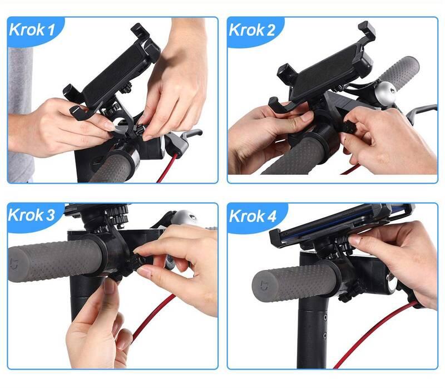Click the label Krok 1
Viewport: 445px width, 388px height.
[32, 30]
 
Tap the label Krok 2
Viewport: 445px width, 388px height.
[252, 30]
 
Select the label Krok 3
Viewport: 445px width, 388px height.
[31, 215]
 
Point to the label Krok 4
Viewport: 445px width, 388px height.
[253, 216]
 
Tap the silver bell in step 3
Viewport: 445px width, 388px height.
[185, 218]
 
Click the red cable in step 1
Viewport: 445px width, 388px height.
[168, 168]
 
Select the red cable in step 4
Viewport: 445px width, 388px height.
[374, 335]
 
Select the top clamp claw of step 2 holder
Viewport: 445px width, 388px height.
[367, 31]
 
